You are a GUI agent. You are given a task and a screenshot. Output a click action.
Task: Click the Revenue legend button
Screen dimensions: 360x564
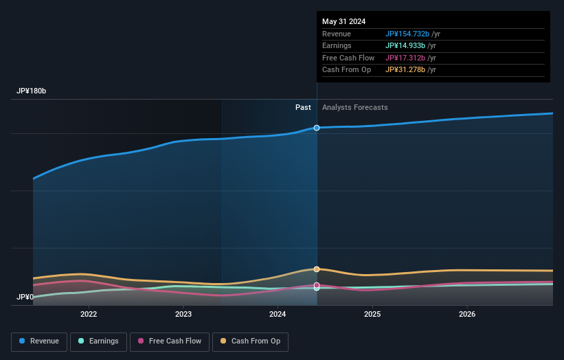[40, 341]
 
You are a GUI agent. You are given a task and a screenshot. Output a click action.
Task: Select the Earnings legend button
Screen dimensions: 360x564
[98, 341]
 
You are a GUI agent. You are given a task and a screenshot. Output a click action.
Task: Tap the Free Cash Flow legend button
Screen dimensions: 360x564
[169, 341]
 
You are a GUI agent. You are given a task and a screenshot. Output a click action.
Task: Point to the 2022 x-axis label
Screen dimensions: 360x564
[89, 315]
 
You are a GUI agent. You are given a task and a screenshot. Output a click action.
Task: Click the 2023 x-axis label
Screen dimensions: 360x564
[183, 315]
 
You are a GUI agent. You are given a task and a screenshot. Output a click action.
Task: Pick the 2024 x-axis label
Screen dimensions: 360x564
[278, 315]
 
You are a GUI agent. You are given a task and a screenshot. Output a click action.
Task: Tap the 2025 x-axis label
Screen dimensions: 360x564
[372, 315]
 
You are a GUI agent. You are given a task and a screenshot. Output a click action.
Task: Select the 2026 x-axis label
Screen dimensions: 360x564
[467, 315]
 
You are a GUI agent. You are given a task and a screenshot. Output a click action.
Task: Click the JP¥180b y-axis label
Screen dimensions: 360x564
[32, 91]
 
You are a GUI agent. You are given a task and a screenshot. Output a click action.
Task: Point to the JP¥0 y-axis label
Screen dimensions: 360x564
[25, 297]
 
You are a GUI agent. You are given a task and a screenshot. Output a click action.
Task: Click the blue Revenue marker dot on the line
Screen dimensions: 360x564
[317, 128]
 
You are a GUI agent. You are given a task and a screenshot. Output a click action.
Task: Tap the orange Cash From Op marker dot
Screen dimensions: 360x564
[317, 269]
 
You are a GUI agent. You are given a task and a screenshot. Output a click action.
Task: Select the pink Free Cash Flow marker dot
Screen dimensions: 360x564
[317, 285]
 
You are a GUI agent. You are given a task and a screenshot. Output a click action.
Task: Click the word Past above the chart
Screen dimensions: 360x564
[303, 108]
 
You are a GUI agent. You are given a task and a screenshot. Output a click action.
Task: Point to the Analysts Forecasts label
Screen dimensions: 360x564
[354, 108]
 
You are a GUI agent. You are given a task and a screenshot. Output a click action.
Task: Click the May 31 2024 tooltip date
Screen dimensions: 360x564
[344, 22]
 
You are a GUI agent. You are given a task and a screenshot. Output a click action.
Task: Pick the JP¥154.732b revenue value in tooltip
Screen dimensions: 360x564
[407, 34]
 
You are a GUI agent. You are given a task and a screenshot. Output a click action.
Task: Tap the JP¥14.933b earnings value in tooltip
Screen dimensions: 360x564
[405, 46]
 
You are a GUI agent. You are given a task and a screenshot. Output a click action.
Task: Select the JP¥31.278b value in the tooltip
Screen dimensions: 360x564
[405, 70]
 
